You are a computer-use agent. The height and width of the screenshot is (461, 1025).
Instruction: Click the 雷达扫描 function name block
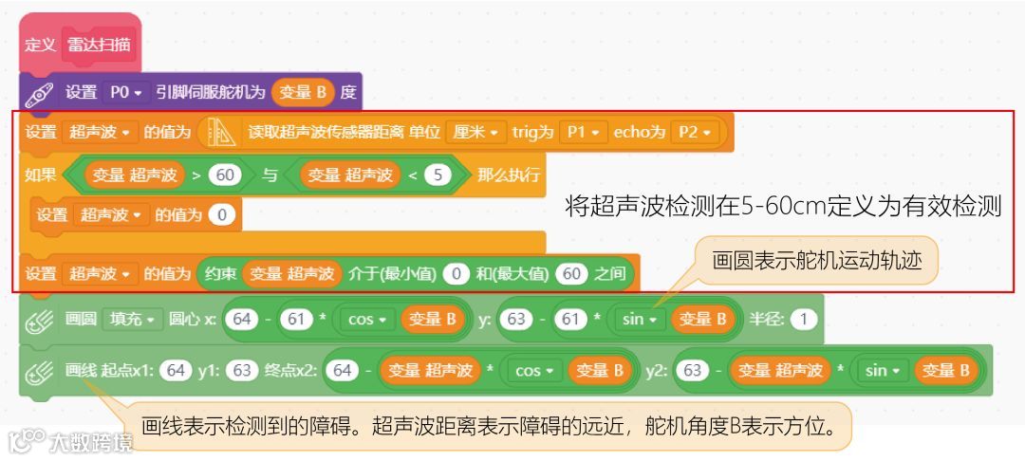point(100,45)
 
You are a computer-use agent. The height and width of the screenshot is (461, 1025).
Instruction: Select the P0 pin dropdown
point(125,92)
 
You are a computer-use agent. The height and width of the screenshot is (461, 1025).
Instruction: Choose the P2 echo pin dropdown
point(695,133)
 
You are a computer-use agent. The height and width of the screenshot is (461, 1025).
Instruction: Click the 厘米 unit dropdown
point(475,133)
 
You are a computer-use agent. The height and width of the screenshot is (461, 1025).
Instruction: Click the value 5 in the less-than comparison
point(438,175)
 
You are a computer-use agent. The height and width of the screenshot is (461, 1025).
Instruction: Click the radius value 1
point(803,319)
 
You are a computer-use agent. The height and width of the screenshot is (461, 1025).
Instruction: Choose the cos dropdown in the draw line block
point(533,370)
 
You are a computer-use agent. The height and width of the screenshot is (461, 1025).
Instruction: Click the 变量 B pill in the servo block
point(303,92)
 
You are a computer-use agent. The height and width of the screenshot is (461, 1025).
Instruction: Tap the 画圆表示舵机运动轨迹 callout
point(817,260)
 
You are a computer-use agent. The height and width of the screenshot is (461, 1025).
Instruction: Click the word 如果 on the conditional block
point(42,175)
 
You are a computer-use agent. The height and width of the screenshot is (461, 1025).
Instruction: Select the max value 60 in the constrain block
point(570,274)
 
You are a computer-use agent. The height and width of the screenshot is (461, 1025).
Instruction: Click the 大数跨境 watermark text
point(90,442)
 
